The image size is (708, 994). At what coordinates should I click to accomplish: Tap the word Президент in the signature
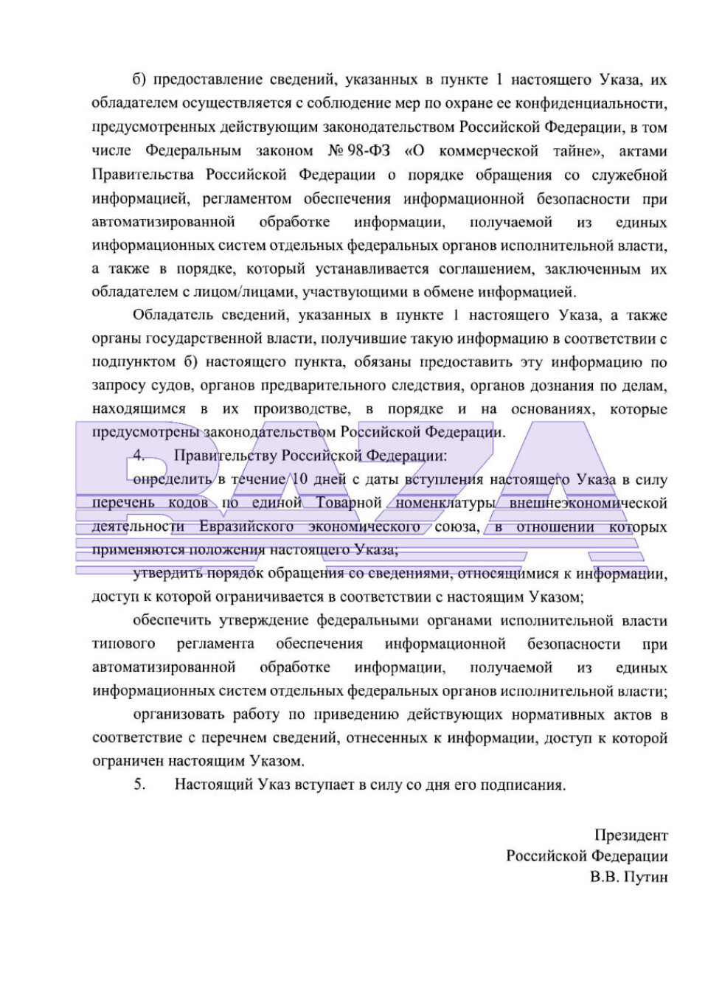(631, 835)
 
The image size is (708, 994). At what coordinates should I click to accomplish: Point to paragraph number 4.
(139, 456)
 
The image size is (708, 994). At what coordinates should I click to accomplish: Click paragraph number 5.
(139, 784)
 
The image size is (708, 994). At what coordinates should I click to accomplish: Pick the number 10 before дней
(300, 479)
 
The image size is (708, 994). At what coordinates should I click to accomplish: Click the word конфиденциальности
(591, 103)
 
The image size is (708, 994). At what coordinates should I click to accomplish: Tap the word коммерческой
(488, 151)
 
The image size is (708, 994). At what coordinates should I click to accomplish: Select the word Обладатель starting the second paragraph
(175, 316)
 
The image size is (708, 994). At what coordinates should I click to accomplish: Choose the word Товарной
(349, 503)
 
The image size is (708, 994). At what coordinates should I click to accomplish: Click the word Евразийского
(246, 526)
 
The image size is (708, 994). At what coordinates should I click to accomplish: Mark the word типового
(123, 644)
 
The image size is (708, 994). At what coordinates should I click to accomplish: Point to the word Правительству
(225, 456)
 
